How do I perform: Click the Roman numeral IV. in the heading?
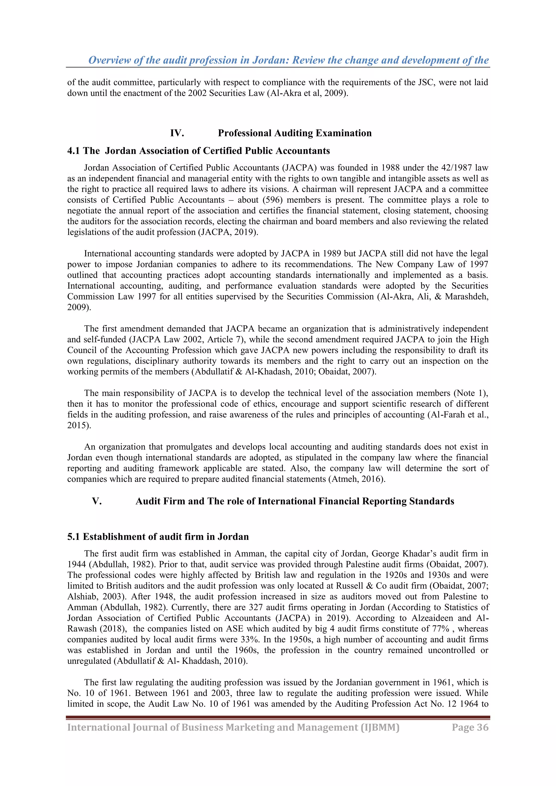click(177, 133)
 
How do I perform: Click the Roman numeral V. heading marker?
click(97, 501)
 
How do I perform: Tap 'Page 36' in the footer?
click(470, 727)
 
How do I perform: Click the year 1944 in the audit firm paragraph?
click(76, 565)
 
